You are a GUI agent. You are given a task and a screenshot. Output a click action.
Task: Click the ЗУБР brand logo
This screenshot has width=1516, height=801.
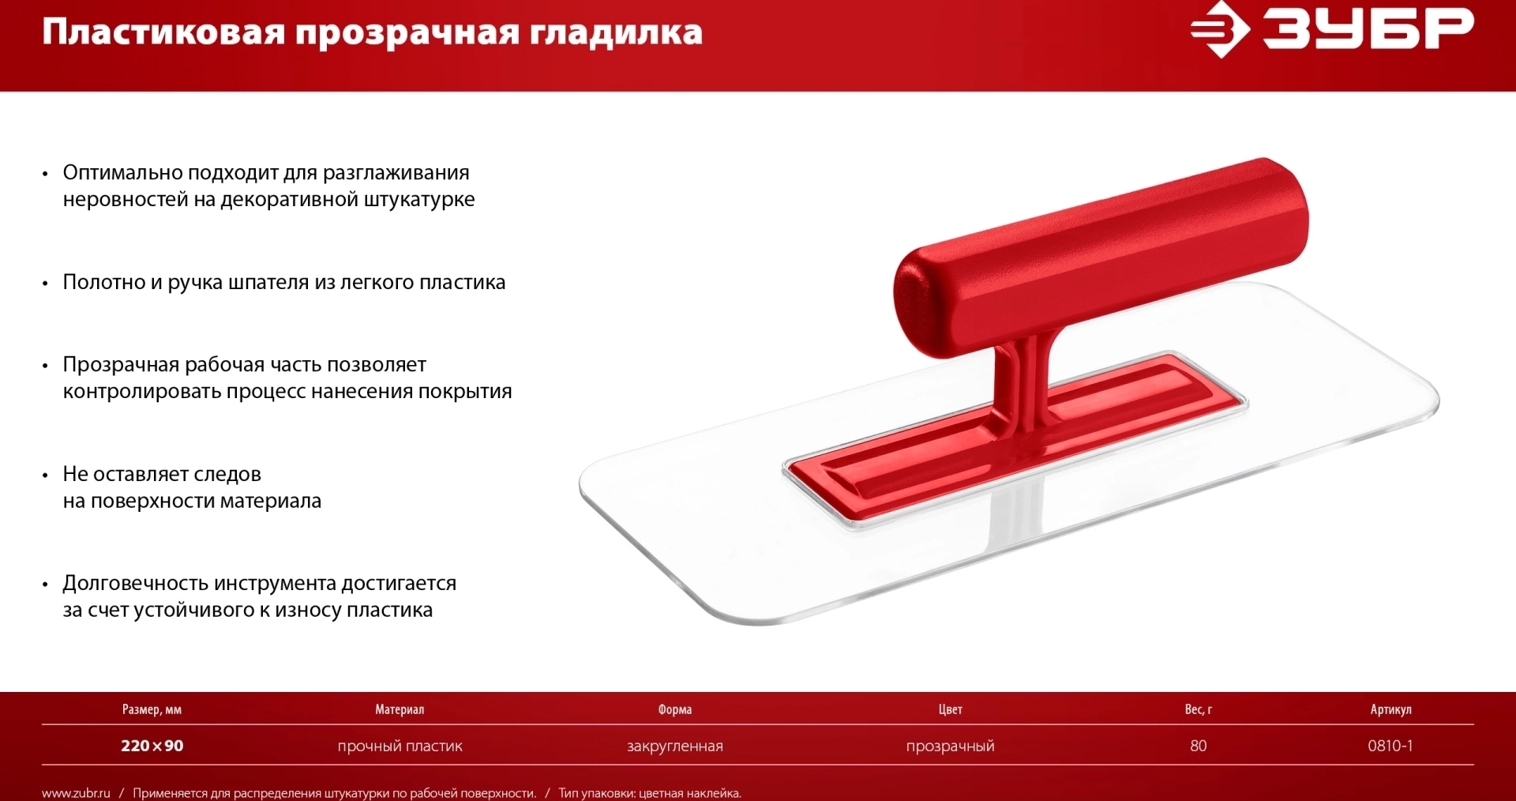1332,30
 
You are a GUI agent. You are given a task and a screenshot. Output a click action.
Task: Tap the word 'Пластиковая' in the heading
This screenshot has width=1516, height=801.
163,32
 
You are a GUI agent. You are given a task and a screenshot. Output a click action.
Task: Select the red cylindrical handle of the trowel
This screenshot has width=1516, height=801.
1101,258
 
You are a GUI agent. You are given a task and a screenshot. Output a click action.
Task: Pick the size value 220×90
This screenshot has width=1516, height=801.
152,746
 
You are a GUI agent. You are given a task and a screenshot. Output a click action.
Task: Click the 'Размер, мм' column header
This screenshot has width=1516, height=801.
152,709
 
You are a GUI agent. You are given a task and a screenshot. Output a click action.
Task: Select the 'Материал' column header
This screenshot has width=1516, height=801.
400,709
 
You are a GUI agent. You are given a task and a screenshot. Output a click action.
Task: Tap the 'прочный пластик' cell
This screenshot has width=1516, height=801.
400,746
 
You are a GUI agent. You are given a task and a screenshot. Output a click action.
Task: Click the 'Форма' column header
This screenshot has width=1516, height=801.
675,709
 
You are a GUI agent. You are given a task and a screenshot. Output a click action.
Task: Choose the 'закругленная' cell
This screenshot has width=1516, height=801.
675,746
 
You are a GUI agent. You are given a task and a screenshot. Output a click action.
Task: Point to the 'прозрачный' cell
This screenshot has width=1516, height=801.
951,746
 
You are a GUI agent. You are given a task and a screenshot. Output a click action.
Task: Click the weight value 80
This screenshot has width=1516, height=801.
1199,746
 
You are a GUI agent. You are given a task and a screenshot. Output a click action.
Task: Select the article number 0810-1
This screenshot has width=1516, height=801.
1390,746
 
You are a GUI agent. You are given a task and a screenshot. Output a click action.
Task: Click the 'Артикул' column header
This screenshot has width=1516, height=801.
1390,709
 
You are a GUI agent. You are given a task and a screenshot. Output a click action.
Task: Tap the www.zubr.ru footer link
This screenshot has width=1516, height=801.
76,793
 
